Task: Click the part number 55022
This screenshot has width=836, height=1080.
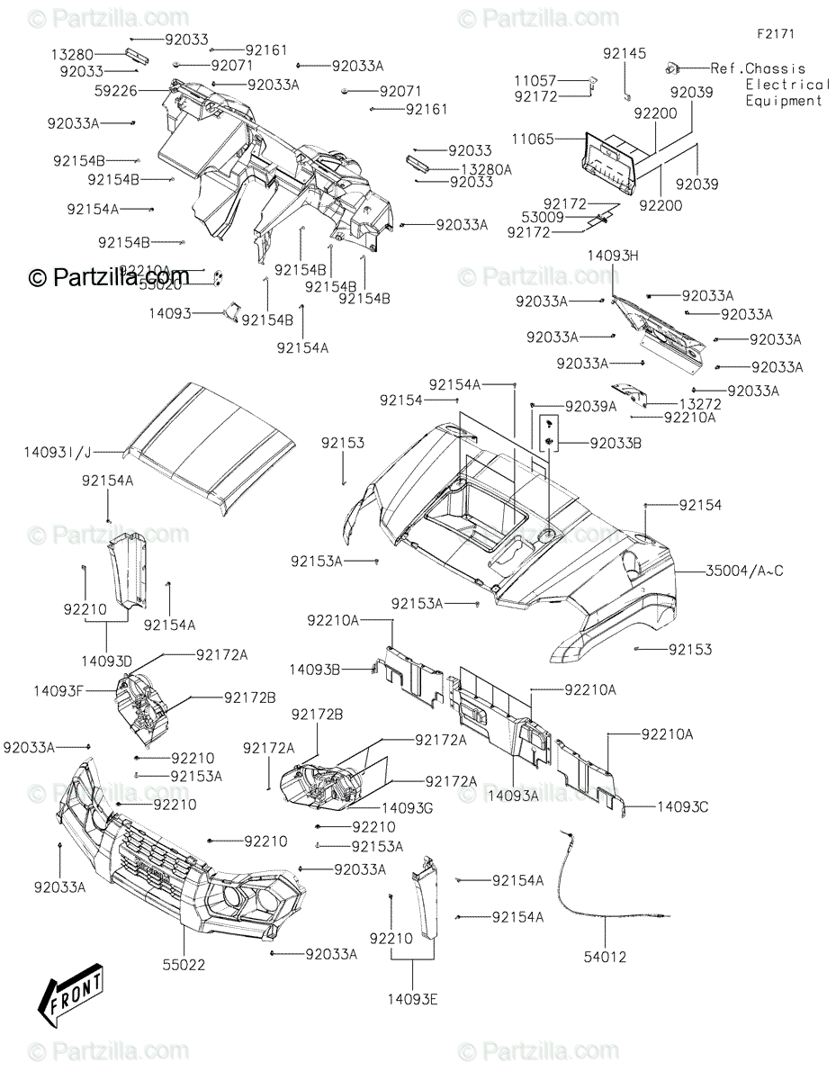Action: coord(184,965)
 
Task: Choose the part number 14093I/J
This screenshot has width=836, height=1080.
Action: coord(58,454)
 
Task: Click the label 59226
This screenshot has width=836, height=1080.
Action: coord(115,90)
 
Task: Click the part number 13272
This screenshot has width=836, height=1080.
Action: coord(701,405)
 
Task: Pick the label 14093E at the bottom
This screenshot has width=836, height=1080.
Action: coord(413,998)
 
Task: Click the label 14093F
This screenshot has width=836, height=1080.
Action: coord(59,691)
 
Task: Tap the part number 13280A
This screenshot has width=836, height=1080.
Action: coord(486,168)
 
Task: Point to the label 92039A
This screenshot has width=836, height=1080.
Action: coord(590,407)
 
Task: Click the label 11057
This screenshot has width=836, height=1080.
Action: coord(561,81)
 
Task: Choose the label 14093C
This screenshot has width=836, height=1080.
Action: coord(682,807)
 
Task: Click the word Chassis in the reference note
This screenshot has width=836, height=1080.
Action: coord(776,68)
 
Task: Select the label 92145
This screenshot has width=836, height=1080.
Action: coord(625,54)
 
